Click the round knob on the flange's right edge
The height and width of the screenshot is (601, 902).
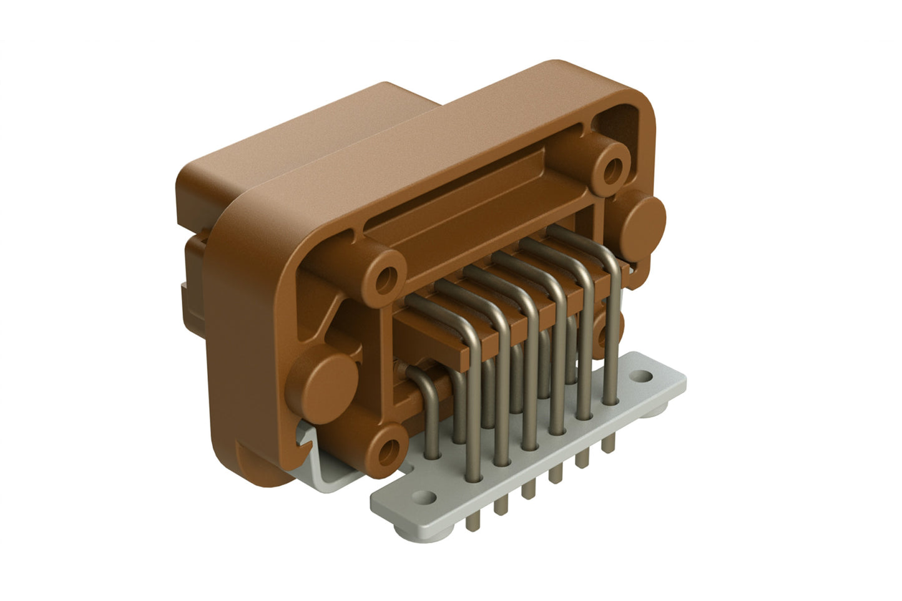[x=642, y=221]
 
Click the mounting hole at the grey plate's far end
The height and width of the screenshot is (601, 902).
[x=641, y=376]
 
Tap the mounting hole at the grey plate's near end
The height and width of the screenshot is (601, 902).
[x=426, y=497]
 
